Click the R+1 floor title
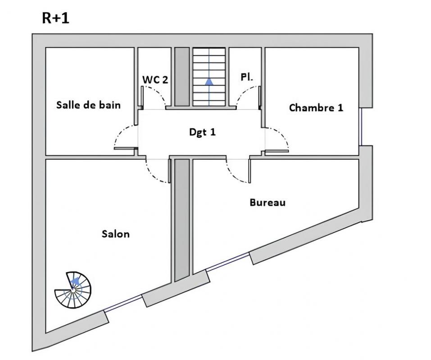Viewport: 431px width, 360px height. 56,18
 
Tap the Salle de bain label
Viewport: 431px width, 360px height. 88,105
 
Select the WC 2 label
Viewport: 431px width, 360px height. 155,80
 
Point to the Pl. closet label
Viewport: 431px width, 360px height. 246,77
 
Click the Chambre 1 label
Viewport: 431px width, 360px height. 316,108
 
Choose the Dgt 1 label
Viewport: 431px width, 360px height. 202,132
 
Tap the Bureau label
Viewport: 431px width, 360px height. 268,202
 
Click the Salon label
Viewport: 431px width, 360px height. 115,234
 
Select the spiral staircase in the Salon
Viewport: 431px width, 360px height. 73,290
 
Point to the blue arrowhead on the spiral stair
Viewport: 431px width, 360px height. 75,281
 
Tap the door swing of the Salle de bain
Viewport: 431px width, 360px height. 123,137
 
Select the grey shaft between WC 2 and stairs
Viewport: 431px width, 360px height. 181,76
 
